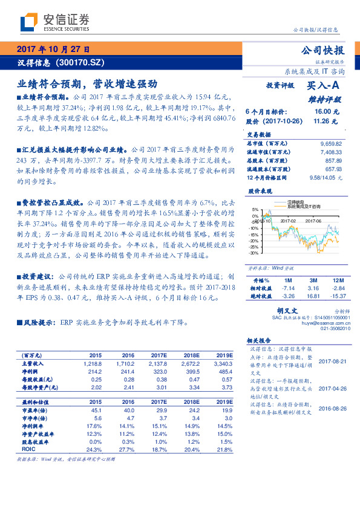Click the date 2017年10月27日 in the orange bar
pyautogui.click(x=53, y=50)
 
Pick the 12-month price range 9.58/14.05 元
pyautogui.click(x=325, y=178)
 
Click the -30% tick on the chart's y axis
pyautogui.click(x=254, y=253)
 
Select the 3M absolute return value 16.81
pyautogui.click(x=313, y=296)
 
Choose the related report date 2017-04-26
pyautogui.click(x=332, y=388)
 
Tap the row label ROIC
pyautogui.click(x=28, y=450)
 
